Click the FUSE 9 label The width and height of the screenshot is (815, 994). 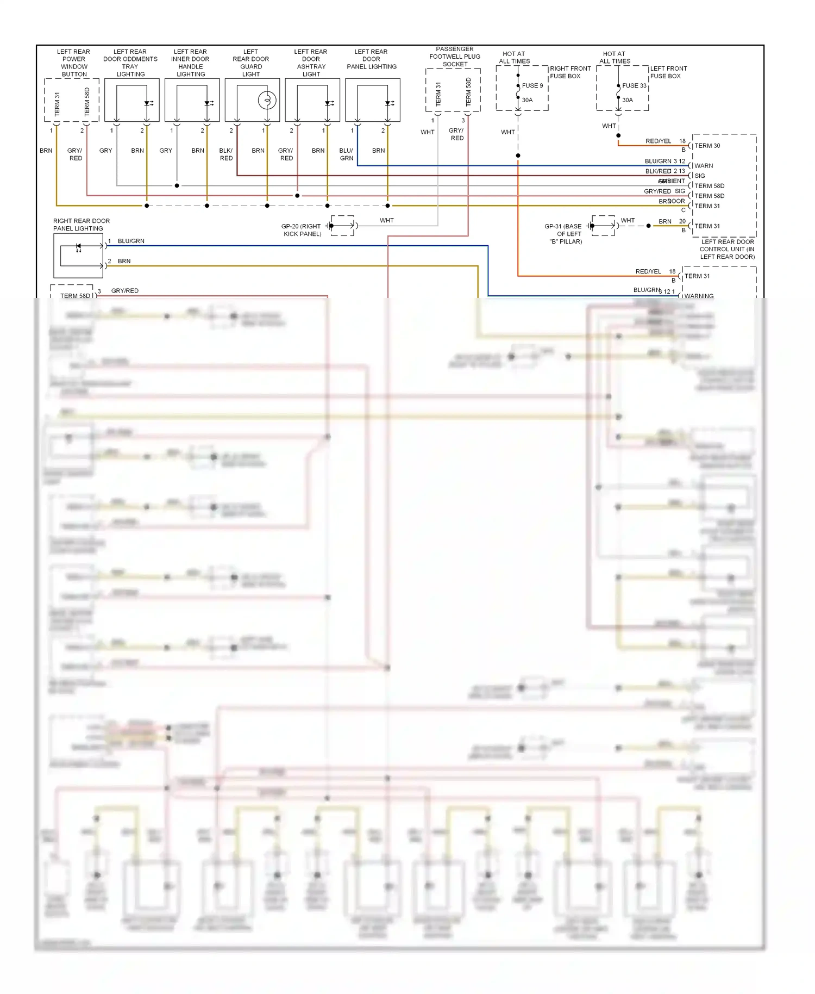click(532, 85)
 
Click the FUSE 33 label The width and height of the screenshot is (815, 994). click(634, 85)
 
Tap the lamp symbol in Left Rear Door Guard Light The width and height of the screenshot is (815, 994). click(267, 101)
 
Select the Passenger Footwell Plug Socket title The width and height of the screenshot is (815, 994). click(455, 57)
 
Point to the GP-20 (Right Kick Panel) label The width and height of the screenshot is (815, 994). click(302, 230)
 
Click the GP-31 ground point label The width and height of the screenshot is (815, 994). click(565, 234)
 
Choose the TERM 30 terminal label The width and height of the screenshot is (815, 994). click(707, 146)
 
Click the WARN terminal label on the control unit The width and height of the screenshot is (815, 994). click(704, 166)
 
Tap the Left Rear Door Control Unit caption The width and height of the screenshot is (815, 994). click(727, 249)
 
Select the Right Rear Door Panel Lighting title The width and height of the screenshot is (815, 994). click(81, 225)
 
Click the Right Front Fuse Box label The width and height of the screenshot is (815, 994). click(569, 72)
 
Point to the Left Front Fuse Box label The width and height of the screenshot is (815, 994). click(668, 72)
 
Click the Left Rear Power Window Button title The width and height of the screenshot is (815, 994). click(74, 63)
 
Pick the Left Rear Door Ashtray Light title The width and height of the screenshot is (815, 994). click(311, 63)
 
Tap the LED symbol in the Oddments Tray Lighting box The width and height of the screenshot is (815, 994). click(148, 103)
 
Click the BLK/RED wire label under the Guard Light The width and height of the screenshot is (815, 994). click(226, 154)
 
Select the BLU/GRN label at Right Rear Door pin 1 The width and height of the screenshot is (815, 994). click(131, 241)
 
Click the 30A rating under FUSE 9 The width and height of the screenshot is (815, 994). click(527, 100)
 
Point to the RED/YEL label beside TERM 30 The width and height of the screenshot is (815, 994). click(658, 141)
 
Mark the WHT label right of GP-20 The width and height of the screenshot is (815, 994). click(386, 220)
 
